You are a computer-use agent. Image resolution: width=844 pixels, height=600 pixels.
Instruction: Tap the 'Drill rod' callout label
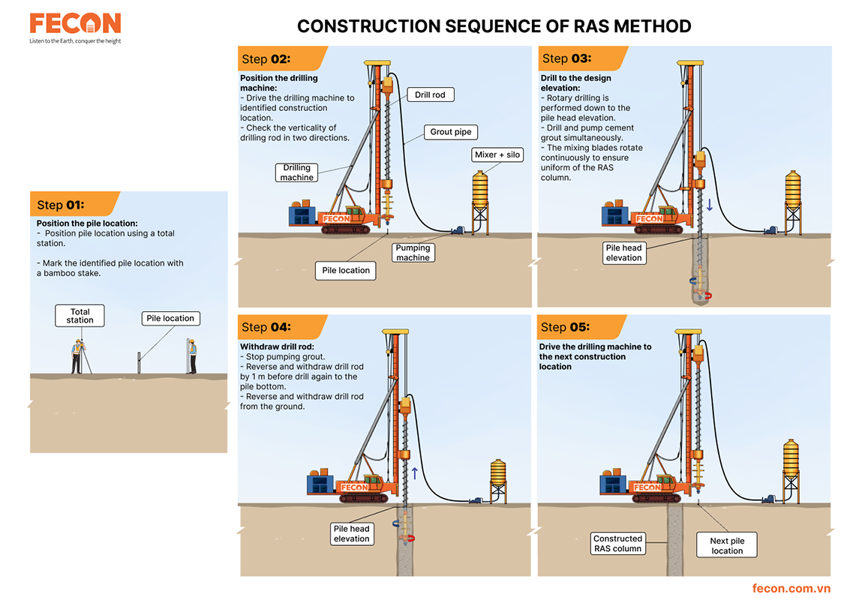click(429, 95)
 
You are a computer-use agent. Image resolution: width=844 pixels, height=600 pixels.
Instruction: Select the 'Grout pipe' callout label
click(450, 132)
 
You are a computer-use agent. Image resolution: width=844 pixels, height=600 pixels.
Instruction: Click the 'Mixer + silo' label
click(497, 154)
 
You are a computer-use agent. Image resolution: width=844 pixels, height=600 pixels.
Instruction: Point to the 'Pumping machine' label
click(413, 253)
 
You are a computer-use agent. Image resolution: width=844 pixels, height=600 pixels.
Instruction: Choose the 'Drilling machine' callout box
click(297, 172)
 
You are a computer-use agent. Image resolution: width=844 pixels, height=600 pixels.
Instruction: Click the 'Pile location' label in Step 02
click(346, 270)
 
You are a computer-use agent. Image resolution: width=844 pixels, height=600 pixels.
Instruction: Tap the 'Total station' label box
click(80, 316)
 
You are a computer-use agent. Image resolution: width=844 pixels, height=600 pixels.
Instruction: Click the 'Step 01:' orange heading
click(61, 205)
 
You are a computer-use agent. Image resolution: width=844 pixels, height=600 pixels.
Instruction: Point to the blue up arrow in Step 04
click(414, 473)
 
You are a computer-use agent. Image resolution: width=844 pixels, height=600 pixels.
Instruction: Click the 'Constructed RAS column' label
click(617, 544)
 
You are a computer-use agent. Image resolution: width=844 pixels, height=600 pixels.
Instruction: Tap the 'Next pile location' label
click(727, 545)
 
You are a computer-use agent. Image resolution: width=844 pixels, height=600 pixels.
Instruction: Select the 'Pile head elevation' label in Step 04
click(352, 533)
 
